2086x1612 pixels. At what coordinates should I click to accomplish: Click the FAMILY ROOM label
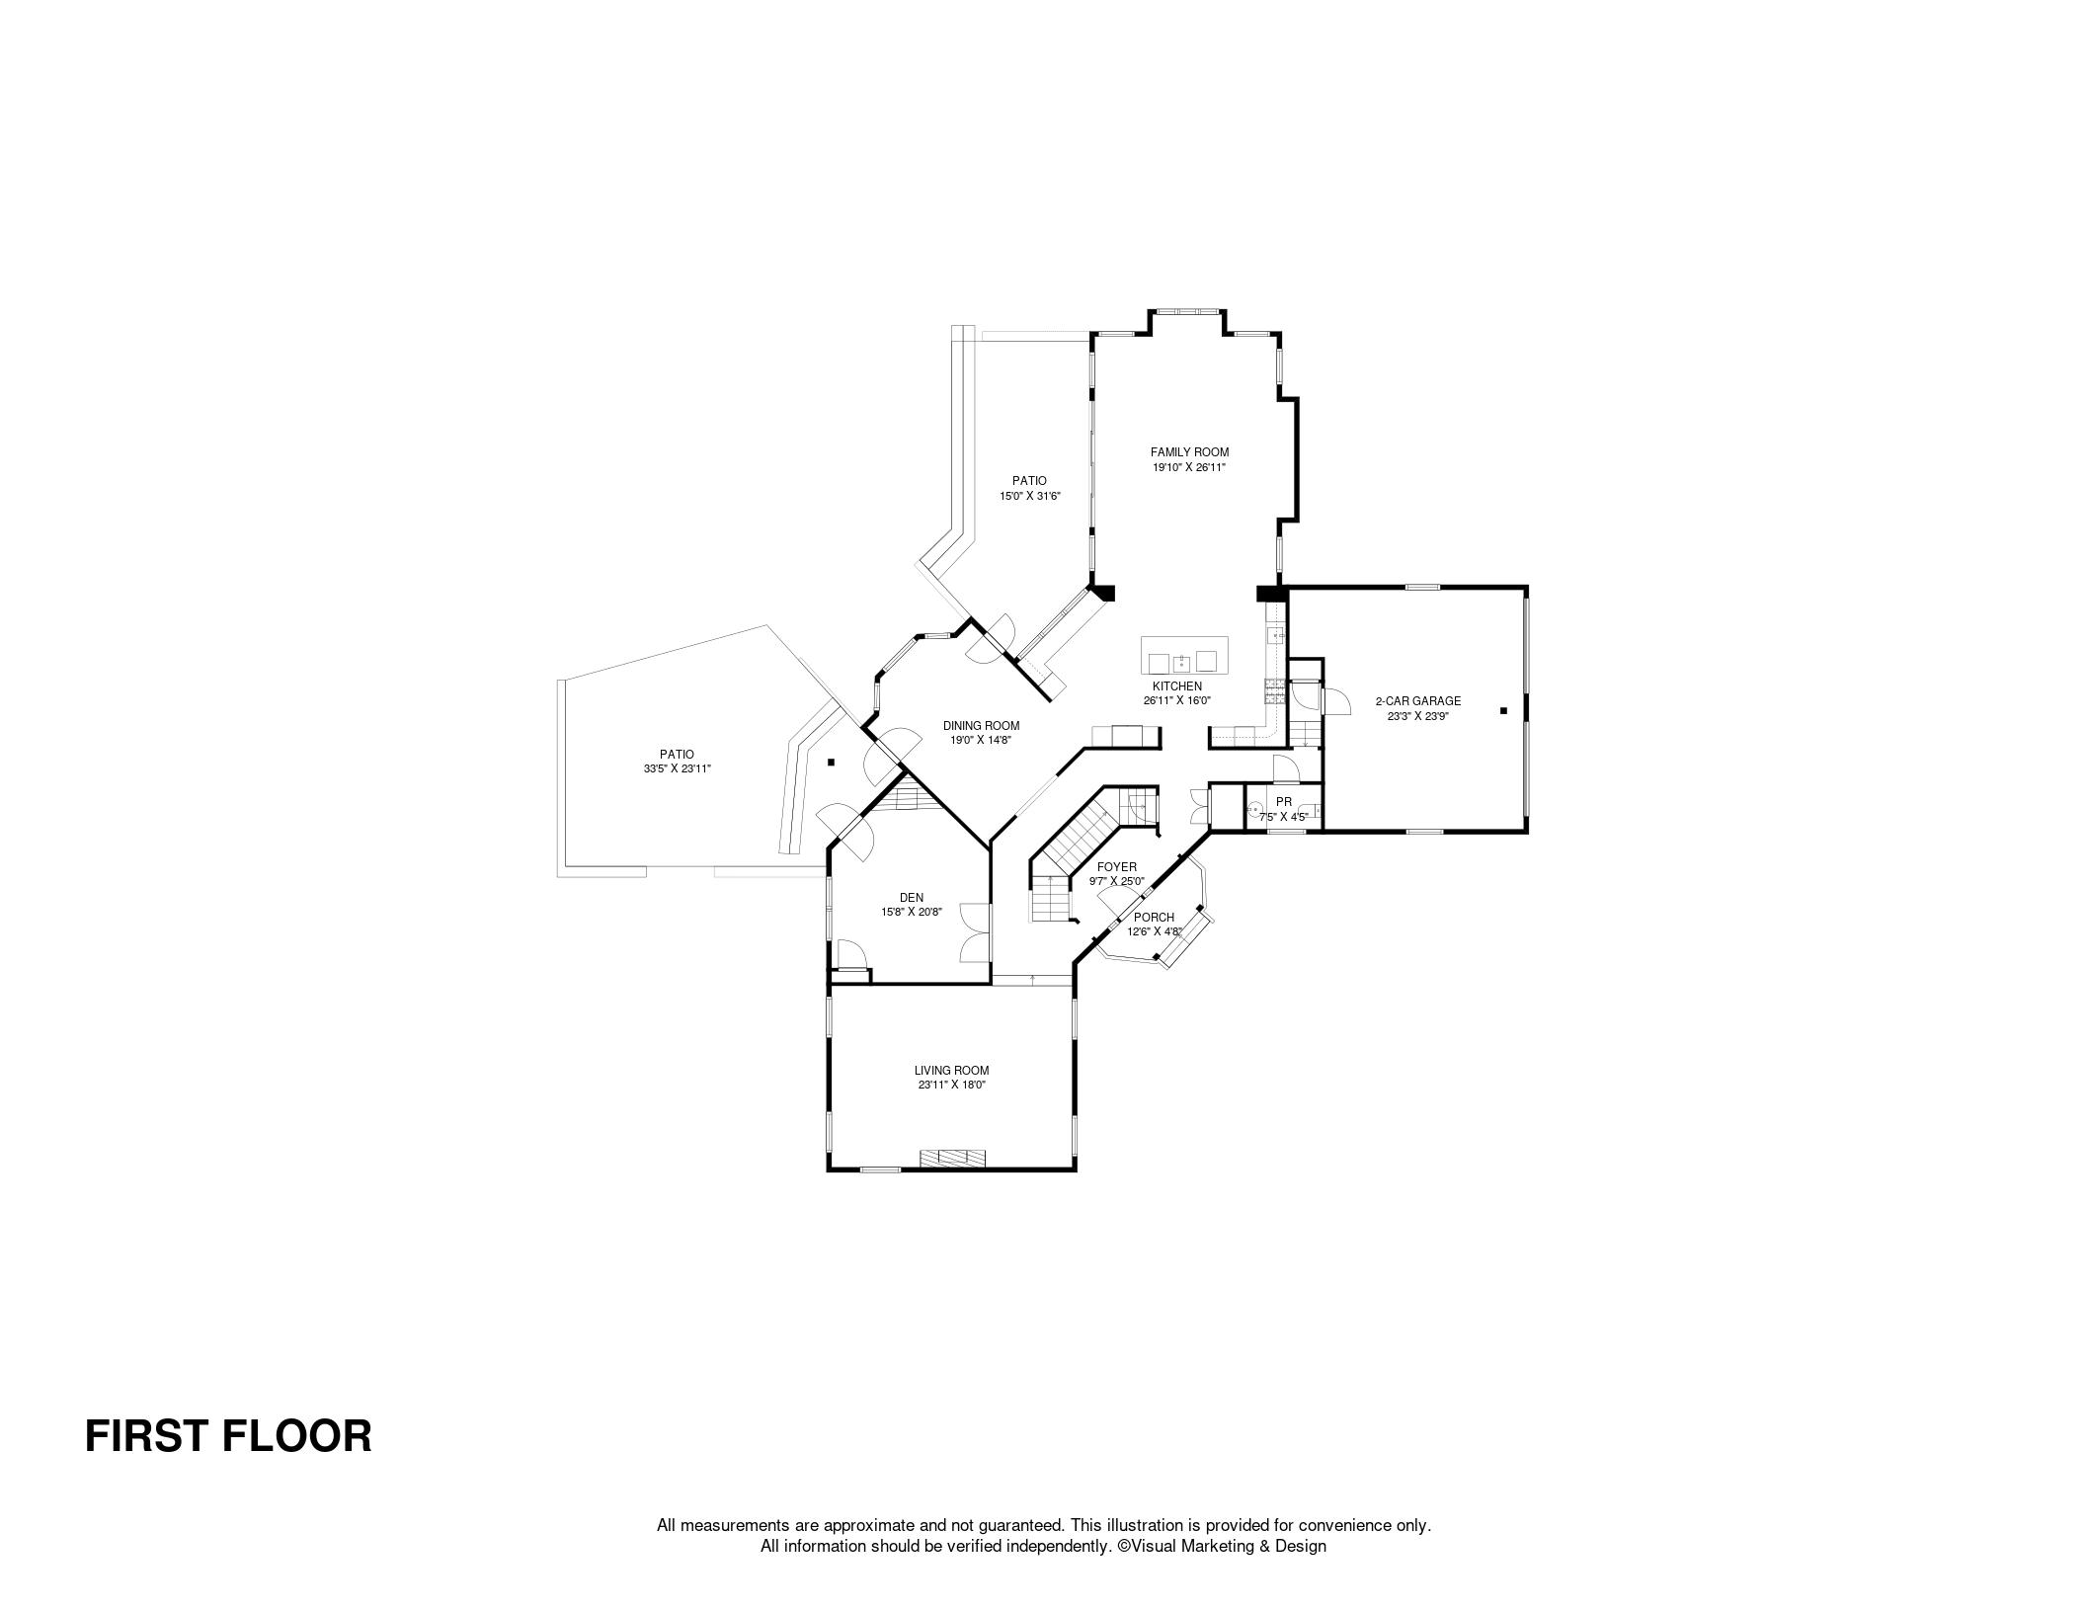coord(1189,452)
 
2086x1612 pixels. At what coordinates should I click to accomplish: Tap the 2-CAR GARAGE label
coord(1417,701)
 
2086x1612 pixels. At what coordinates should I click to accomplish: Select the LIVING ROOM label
coord(951,1071)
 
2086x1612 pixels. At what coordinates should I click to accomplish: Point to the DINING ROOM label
coord(981,726)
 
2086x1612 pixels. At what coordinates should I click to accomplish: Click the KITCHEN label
coord(1177,686)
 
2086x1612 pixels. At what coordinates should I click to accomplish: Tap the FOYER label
coord(1117,867)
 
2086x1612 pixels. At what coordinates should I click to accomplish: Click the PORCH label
coord(1154,918)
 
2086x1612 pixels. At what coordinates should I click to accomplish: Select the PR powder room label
coord(1284,802)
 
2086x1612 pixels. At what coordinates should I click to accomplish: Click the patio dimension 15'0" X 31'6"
coord(1029,496)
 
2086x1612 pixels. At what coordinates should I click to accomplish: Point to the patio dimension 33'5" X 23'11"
coord(678,767)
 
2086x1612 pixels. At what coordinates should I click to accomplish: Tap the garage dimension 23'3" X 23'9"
coord(1417,716)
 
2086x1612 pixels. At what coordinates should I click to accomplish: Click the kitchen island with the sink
coord(1184,655)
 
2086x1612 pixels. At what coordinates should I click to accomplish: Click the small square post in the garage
coord(1503,710)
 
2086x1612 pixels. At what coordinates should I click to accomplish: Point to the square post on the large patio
coord(832,763)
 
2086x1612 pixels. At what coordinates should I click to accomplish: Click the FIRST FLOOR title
coord(228,1436)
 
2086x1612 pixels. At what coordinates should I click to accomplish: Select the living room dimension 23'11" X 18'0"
coord(951,1085)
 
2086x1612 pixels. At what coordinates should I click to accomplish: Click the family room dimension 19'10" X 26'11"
coord(1189,467)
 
